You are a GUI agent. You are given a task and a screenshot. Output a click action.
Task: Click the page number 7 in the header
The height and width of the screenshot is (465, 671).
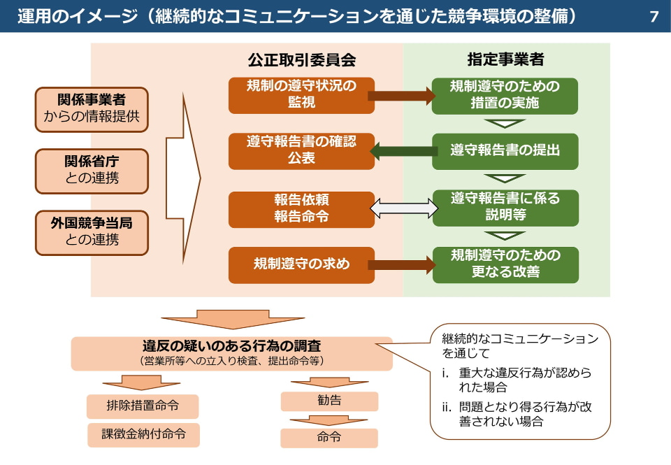(x=654, y=16)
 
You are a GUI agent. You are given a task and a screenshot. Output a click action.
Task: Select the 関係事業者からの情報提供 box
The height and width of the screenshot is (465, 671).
(x=92, y=109)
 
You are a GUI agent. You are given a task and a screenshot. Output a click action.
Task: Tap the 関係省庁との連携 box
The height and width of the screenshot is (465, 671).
(x=92, y=171)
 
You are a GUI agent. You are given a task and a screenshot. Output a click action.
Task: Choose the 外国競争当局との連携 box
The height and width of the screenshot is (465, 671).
(x=92, y=232)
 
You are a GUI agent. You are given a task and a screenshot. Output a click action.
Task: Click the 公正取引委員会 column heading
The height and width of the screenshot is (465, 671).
(x=301, y=60)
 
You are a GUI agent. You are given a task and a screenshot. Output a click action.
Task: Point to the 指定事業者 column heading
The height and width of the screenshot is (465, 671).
(x=505, y=60)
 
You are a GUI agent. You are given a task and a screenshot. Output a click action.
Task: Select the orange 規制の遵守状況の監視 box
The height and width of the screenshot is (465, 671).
(x=301, y=95)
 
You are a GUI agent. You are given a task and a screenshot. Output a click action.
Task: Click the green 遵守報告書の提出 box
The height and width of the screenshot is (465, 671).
(x=505, y=151)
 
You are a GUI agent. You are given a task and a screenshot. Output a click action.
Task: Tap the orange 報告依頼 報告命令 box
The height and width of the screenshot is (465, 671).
(x=301, y=208)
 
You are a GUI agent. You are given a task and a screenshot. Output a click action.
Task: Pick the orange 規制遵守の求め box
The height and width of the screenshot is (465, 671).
(x=301, y=265)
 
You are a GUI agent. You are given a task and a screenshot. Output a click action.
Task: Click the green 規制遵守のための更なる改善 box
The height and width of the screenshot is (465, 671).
(x=505, y=264)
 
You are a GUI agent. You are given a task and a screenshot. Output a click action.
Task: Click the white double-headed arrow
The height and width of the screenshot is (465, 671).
(x=403, y=208)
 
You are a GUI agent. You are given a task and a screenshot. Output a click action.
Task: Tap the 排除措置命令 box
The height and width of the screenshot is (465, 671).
(x=143, y=406)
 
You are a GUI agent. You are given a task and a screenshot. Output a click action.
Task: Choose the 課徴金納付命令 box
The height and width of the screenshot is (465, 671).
(x=143, y=434)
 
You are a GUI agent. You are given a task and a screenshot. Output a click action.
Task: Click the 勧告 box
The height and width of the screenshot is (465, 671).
(x=329, y=401)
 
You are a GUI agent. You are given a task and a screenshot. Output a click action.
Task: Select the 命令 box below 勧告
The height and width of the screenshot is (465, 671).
(x=329, y=438)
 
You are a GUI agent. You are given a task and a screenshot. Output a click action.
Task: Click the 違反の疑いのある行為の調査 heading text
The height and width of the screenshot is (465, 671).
(x=232, y=346)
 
